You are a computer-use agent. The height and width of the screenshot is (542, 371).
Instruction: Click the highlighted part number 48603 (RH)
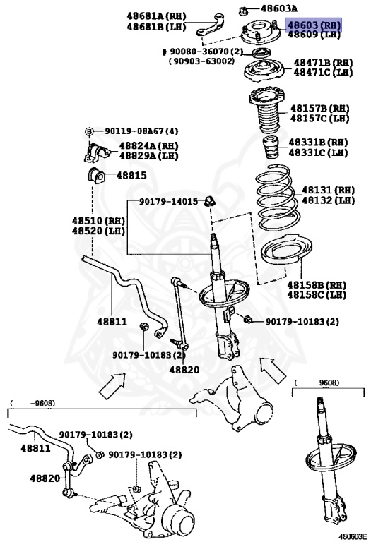314,25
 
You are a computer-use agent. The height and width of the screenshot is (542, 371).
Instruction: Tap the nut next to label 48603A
243,10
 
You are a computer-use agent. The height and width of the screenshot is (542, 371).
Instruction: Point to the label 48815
132,174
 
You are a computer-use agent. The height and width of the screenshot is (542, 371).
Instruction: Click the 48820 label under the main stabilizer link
184,369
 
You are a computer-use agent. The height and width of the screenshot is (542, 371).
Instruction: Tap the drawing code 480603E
353,536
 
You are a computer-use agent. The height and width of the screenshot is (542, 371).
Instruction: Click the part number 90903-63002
201,61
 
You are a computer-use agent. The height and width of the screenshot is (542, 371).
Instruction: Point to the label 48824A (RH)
148,145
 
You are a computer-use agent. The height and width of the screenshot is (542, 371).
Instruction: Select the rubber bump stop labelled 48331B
270,150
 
